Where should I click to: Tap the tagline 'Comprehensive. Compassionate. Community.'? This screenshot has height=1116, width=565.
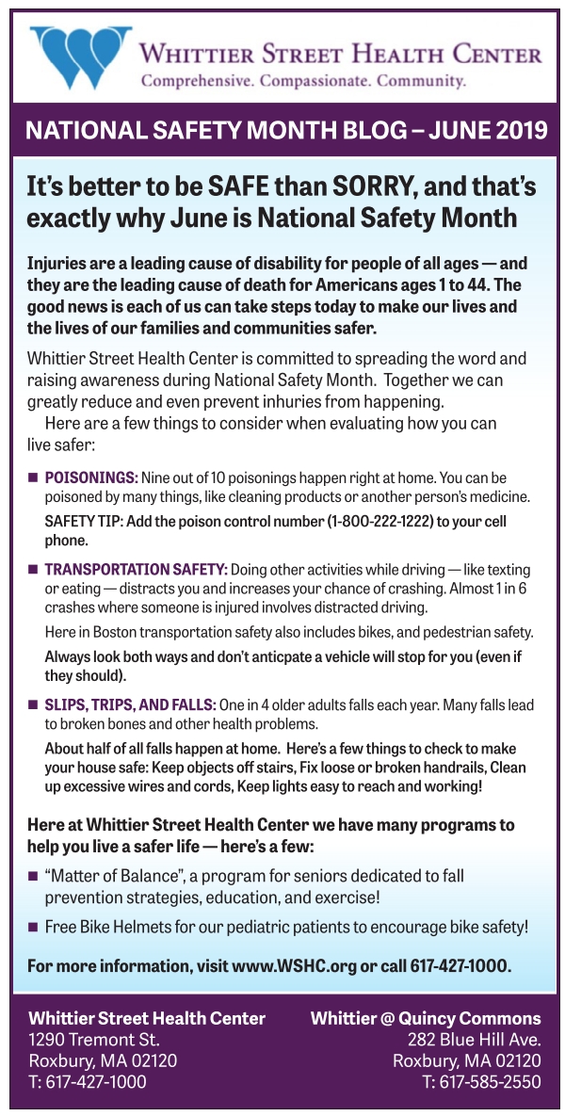[x=302, y=80]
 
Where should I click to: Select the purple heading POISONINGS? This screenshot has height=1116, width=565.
[x=91, y=478]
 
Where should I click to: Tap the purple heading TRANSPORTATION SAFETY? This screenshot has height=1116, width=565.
[x=136, y=570]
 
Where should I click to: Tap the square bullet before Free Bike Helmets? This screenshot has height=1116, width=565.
[x=33, y=927]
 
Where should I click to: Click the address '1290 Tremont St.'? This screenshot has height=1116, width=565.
[x=94, y=1040]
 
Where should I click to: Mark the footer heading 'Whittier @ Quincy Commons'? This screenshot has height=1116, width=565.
[x=426, y=1018]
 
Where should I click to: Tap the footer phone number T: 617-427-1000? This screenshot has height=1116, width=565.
[x=88, y=1081]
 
